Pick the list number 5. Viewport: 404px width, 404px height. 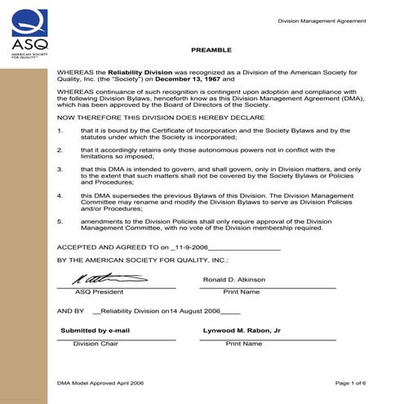(x=60, y=221)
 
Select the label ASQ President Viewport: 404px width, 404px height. (x=99, y=291)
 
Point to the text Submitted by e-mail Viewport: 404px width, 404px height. (x=95, y=331)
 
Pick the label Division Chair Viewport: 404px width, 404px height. (x=96, y=344)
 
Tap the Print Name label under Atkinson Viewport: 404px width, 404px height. (x=242, y=291)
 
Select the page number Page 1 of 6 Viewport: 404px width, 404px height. (x=351, y=382)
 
